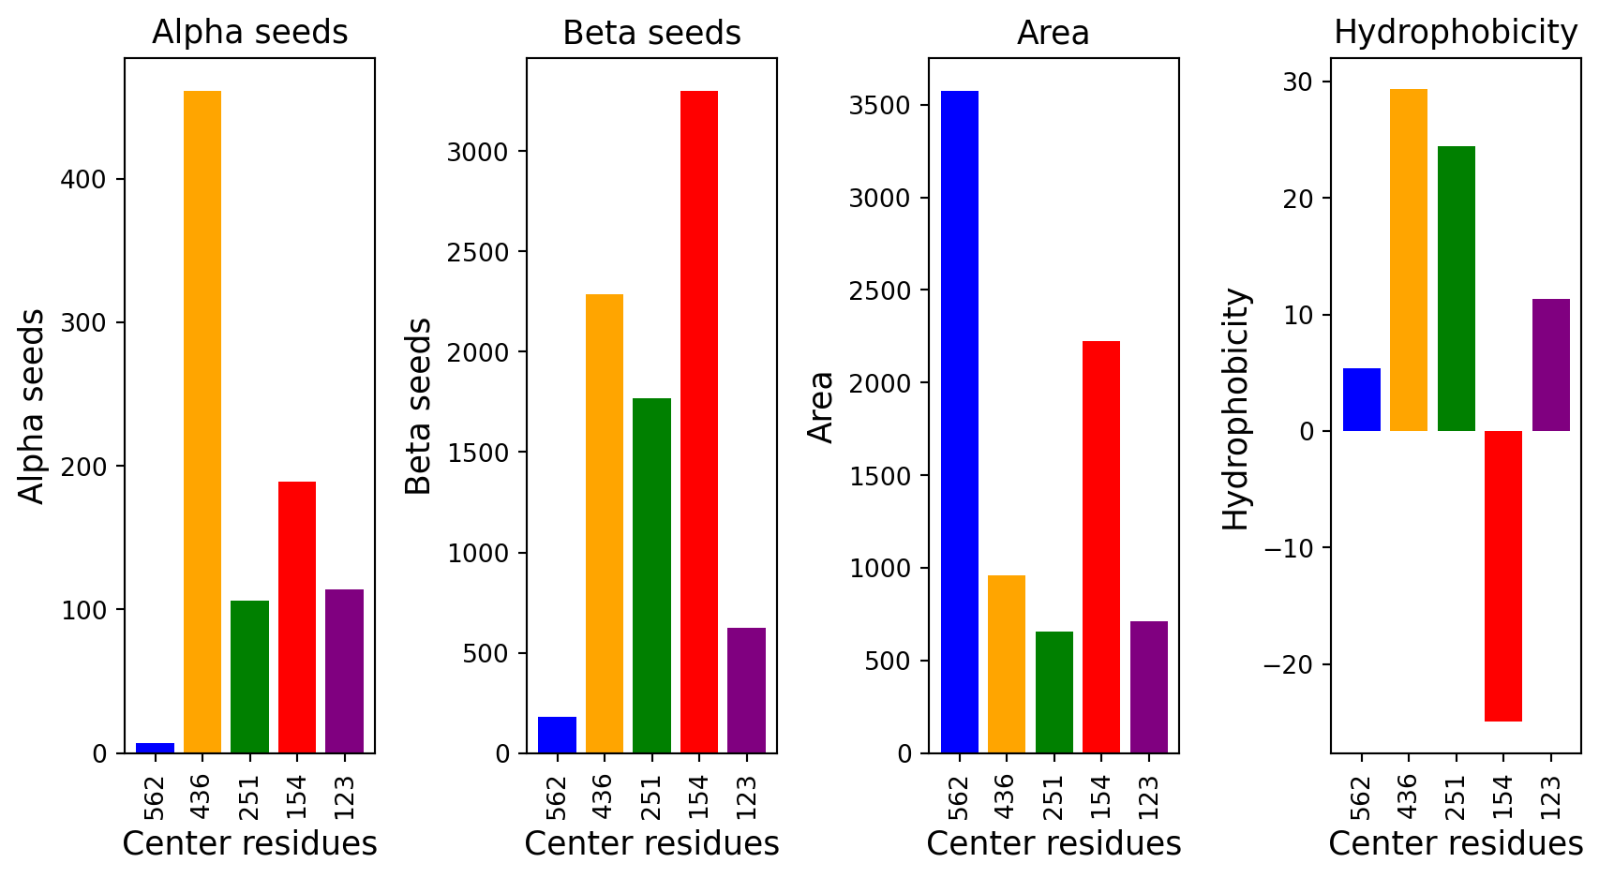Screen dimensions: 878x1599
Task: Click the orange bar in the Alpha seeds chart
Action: coord(202,422)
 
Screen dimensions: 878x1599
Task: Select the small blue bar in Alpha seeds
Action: coord(155,748)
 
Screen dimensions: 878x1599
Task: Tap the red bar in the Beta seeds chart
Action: coord(699,422)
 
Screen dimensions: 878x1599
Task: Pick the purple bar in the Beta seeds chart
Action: coord(746,691)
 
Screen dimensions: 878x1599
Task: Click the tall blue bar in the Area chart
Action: coord(959,422)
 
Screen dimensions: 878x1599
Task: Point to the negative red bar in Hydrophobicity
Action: coord(1502,576)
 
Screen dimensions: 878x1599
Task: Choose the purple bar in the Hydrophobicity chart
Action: coord(1550,365)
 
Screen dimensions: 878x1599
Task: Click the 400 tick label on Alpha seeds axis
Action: coord(83,180)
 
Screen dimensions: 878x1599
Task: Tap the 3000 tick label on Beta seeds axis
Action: coord(478,153)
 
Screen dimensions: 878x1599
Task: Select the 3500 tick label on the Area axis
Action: coord(880,106)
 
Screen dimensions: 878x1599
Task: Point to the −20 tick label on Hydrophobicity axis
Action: coord(1291,665)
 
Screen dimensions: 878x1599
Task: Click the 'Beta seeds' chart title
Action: coord(651,34)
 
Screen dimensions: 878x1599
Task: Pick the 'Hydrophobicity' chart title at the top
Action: coord(1456,33)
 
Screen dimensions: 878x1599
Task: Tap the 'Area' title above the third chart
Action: coord(1053,34)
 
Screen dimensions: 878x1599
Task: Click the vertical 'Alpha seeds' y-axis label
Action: coord(32,406)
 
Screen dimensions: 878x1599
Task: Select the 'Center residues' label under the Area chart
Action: coord(1054,844)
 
